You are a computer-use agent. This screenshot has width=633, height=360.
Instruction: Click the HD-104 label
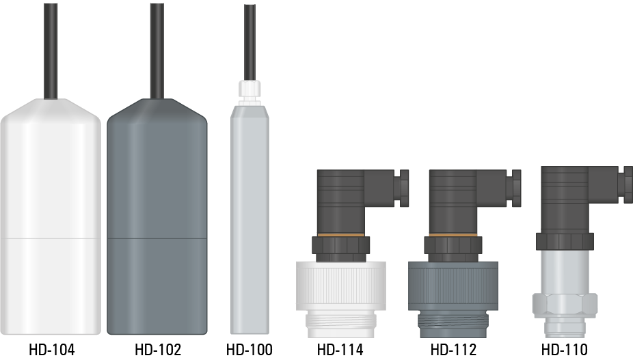[52, 350]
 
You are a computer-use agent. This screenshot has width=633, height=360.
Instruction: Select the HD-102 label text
[158, 350]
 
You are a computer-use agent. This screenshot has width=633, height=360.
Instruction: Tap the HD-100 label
[250, 350]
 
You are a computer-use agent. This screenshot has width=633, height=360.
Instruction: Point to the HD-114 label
[340, 350]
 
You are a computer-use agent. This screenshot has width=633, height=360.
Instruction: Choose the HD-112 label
[453, 350]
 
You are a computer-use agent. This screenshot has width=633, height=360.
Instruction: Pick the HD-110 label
[565, 350]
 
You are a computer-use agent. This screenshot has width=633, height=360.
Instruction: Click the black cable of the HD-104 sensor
[51, 51]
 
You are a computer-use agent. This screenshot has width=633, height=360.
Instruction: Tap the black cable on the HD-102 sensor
[157, 51]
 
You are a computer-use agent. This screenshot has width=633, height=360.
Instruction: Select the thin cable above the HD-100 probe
[250, 43]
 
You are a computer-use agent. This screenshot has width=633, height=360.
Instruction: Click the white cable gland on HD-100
[250, 90]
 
